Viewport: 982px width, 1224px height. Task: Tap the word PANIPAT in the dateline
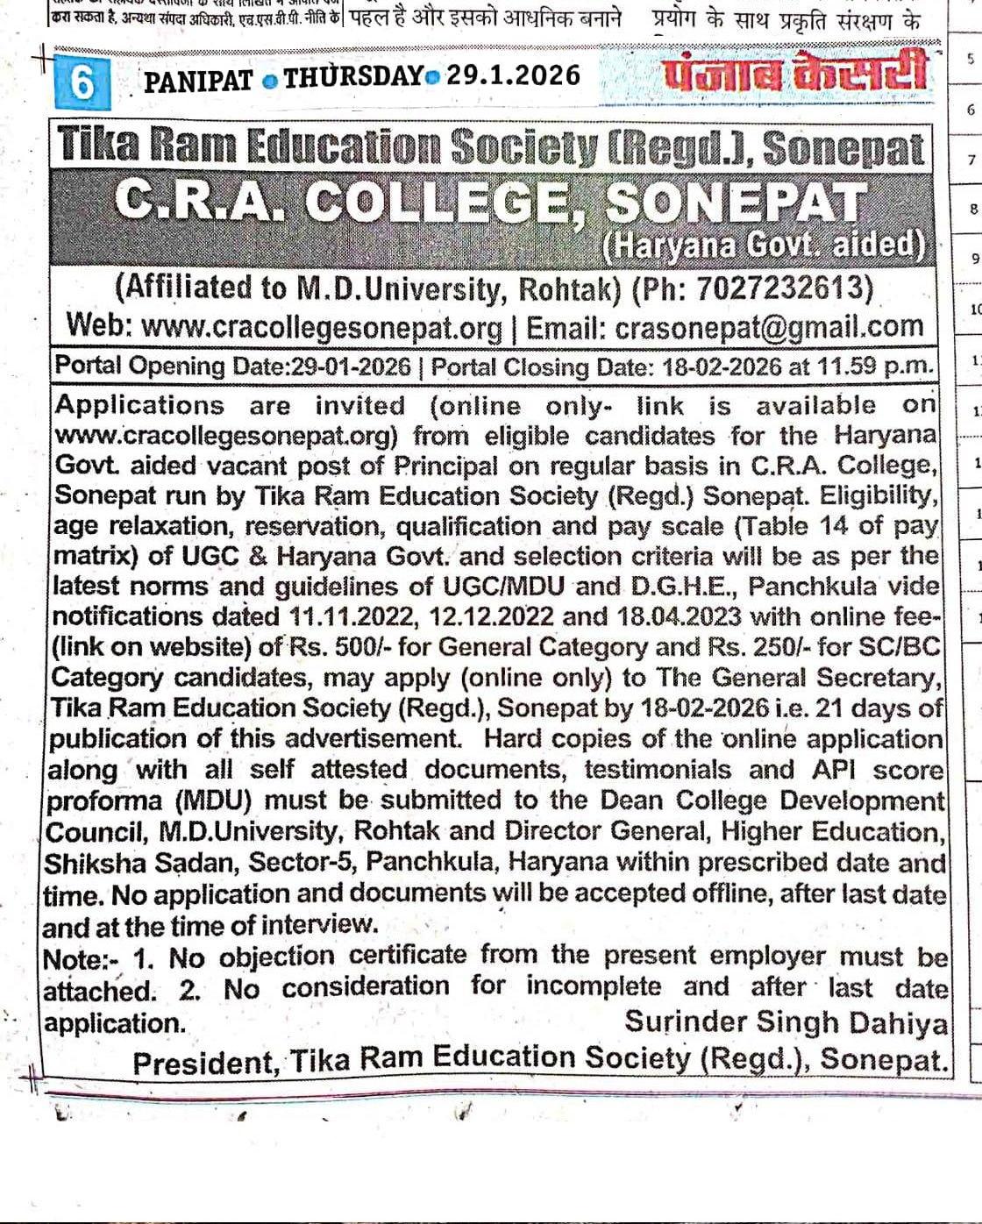(x=198, y=81)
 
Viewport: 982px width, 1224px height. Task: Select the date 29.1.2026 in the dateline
(x=513, y=75)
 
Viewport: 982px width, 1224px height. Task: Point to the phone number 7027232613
(x=782, y=287)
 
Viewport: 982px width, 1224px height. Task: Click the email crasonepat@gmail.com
(x=769, y=327)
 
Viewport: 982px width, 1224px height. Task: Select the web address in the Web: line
(x=322, y=328)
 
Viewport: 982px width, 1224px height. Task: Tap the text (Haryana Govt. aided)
(x=764, y=246)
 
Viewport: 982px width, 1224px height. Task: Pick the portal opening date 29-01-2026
(x=351, y=366)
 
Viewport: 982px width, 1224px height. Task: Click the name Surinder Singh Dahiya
(x=786, y=1023)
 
